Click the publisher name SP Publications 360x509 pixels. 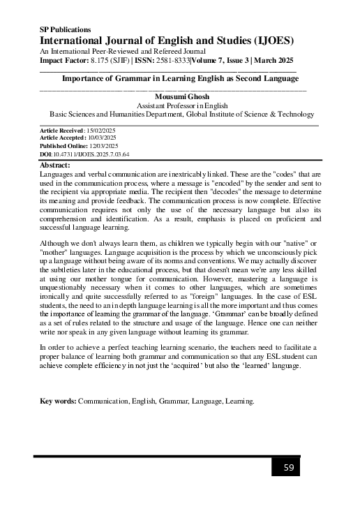click(x=66, y=29)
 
